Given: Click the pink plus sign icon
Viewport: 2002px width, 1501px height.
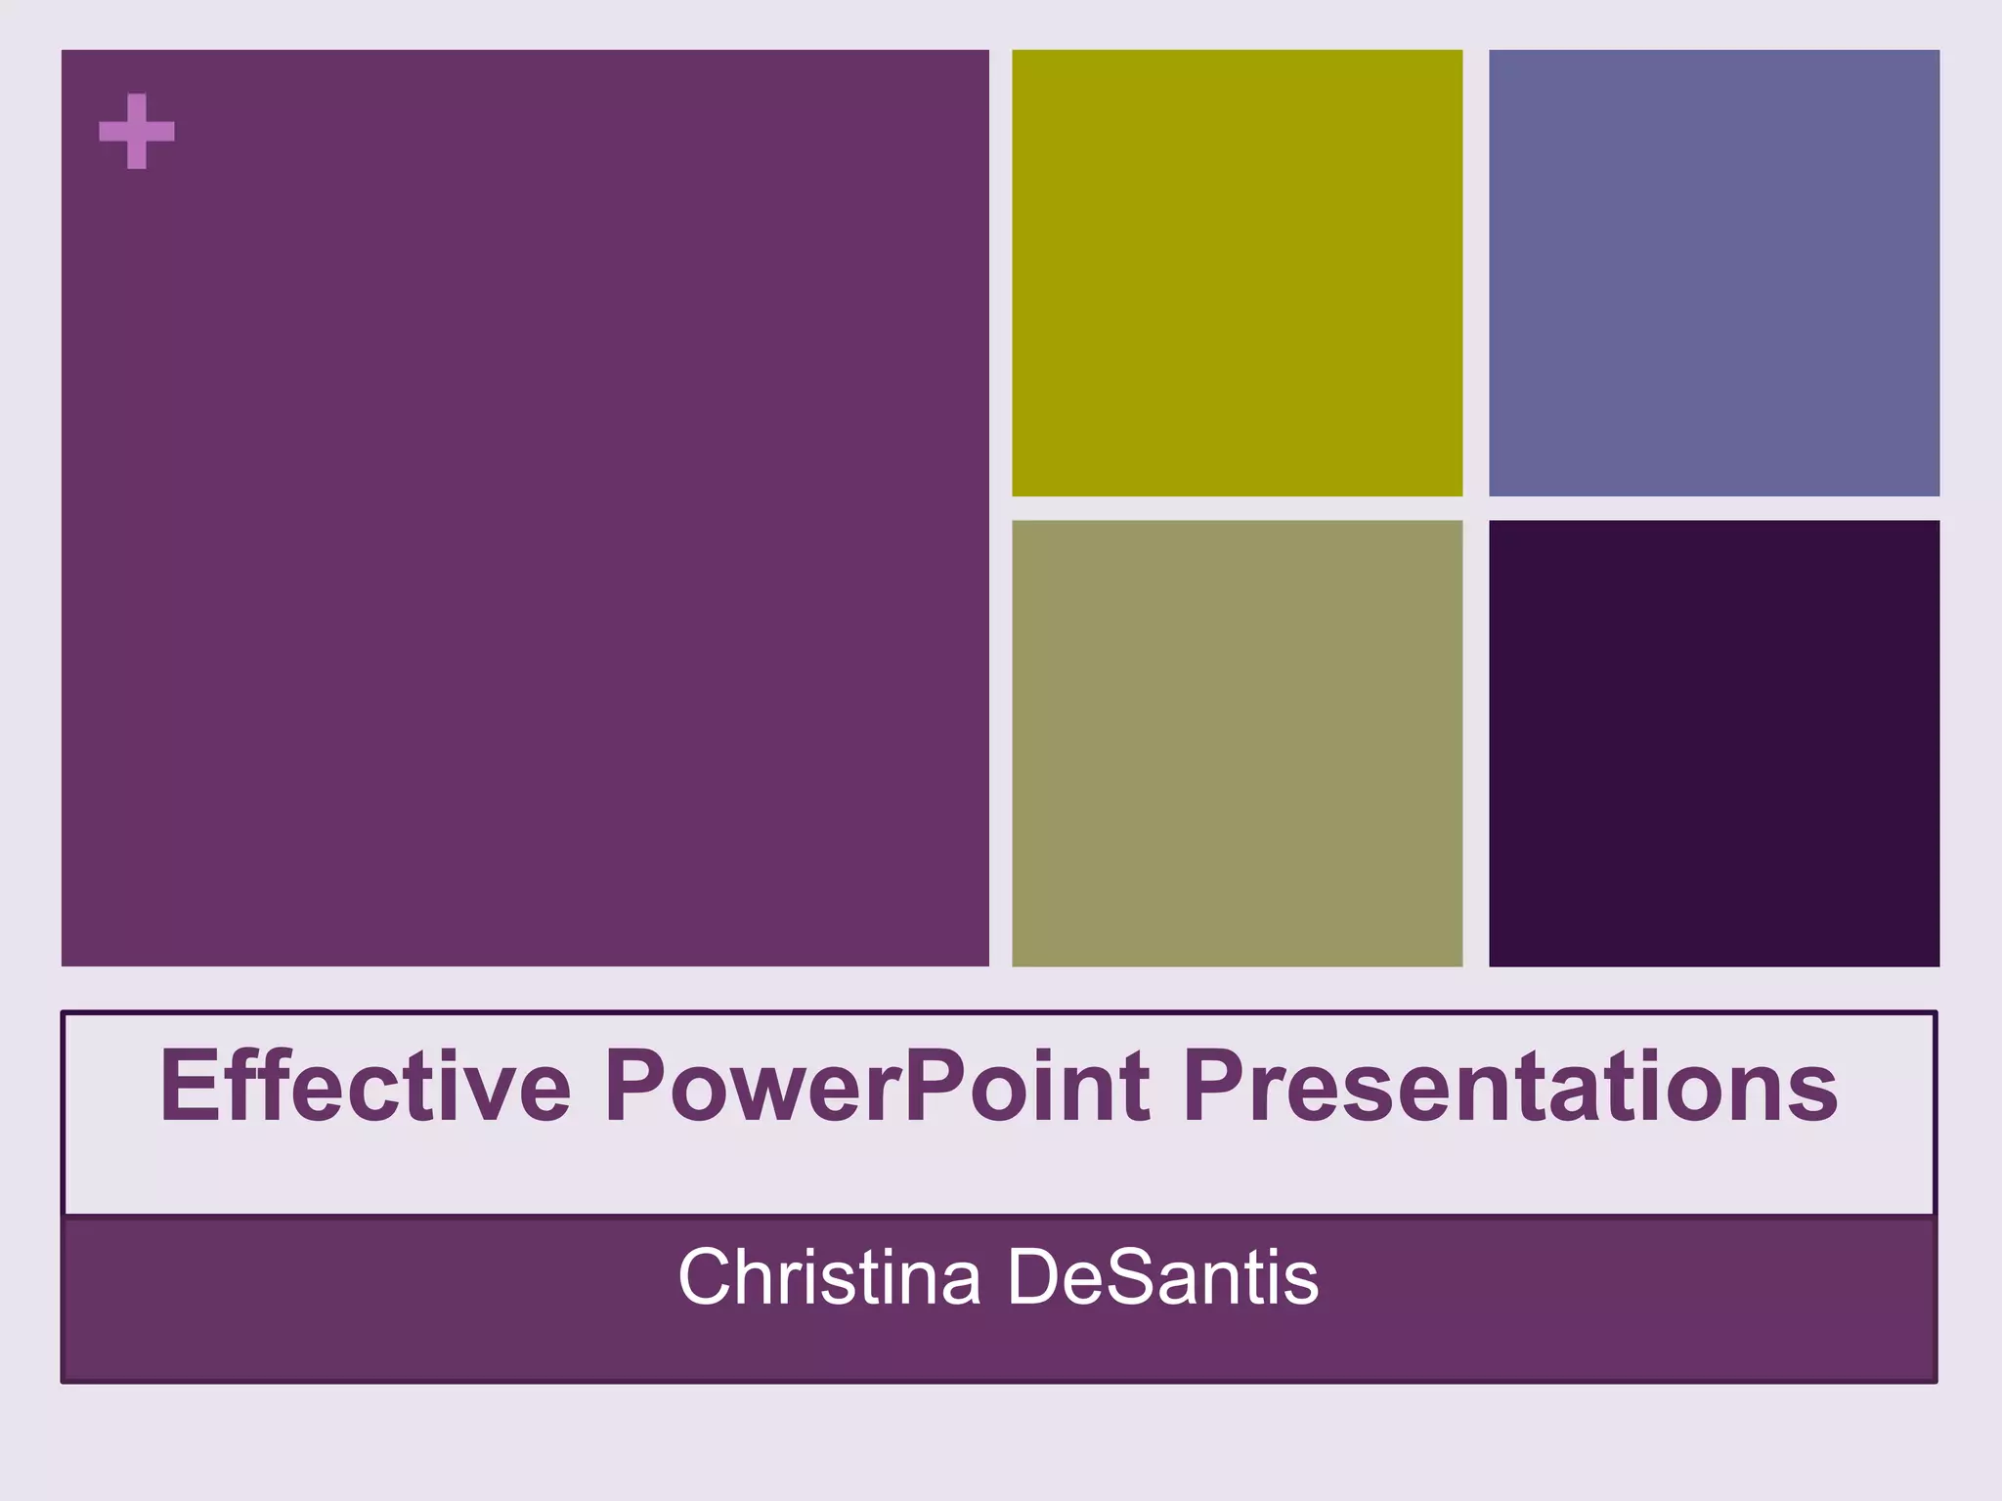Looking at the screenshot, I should click(x=137, y=131).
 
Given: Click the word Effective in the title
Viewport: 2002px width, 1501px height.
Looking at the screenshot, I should click(x=365, y=1086).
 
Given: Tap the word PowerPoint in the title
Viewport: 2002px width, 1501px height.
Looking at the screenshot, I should click(x=876, y=1086).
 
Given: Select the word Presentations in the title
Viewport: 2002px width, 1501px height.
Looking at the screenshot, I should click(x=1509, y=1086).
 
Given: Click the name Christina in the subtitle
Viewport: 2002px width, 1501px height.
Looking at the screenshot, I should click(x=829, y=1276).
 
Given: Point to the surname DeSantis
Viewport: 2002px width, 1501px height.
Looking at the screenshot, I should click(x=1162, y=1276).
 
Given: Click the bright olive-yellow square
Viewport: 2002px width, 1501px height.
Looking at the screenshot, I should click(x=1237, y=273).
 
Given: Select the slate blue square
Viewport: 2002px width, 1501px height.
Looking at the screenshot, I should click(x=1714, y=273).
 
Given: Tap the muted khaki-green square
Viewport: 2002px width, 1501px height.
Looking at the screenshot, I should click(x=1237, y=743).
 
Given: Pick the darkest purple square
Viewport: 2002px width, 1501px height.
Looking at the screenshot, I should click(x=1714, y=743).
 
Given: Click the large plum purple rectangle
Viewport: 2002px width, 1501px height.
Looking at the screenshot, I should click(x=525, y=507).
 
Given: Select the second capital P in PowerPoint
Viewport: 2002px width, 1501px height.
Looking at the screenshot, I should click(x=934, y=1086).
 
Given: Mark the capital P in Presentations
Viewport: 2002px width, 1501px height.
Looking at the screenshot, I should click(x=1215, y=1086).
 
